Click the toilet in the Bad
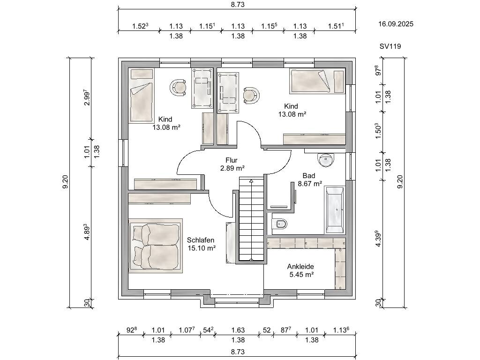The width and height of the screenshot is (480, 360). coord(280,224)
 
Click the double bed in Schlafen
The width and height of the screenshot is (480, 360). coord(156,246)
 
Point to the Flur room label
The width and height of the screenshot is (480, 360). coord(232,160)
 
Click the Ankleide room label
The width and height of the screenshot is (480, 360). coord(300,267)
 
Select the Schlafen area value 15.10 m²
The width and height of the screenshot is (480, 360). coord(202,248)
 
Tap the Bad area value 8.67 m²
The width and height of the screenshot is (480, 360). coord(310,184)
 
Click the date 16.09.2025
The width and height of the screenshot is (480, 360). coord(396,24)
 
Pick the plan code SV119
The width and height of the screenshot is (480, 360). coord(390,46)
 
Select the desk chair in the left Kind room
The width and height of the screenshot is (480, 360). coord(178,87)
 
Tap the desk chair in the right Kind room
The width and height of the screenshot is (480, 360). coord(251,95)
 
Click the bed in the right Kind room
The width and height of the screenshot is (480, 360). coord(317,81)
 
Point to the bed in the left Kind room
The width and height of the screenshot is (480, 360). coord(141,96)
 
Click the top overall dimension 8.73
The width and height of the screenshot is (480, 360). coord(238,5)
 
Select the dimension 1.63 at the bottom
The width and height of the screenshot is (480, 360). coord(238,330)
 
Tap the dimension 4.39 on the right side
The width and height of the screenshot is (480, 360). coord(378,239)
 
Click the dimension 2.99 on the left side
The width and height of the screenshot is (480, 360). coord(87,97)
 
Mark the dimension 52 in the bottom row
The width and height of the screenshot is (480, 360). coord(267,330)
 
